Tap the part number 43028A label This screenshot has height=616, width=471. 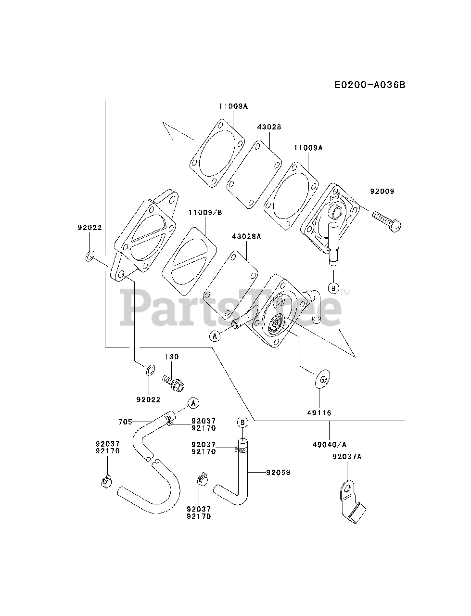246,236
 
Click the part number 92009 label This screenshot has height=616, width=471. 382,191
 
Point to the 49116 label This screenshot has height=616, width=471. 319,413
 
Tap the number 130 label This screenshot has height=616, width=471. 172,357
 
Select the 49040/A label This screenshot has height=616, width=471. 330,444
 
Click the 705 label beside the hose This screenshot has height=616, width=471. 125,422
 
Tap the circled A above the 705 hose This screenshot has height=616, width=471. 193,402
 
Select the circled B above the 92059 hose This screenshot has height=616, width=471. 242,422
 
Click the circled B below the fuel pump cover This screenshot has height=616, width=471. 333,289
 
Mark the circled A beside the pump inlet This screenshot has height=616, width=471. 215,336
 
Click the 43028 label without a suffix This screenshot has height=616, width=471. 269,127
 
